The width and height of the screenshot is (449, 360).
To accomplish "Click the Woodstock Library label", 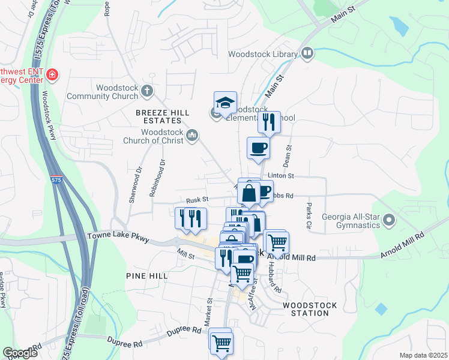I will click(263, 55).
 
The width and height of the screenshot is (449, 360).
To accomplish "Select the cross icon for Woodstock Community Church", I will click(147, 92).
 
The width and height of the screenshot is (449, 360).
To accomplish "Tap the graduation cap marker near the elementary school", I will click(225, 103).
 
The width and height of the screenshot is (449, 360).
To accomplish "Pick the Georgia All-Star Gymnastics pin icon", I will click(388, 220).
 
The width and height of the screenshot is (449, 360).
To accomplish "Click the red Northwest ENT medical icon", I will click(53, 74).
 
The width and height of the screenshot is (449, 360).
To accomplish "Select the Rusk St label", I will click(197, 200).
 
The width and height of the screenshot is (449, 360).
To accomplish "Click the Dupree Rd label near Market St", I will click(188, 329).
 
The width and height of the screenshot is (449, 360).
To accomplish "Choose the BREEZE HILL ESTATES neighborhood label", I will click(163, 116).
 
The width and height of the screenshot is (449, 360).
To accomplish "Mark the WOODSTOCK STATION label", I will click(310, 309).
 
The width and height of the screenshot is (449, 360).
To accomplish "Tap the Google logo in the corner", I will click(20, 353).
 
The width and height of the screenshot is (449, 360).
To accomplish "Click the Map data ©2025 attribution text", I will click(423, 355).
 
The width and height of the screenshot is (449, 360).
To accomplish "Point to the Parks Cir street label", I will click(309, 217).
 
